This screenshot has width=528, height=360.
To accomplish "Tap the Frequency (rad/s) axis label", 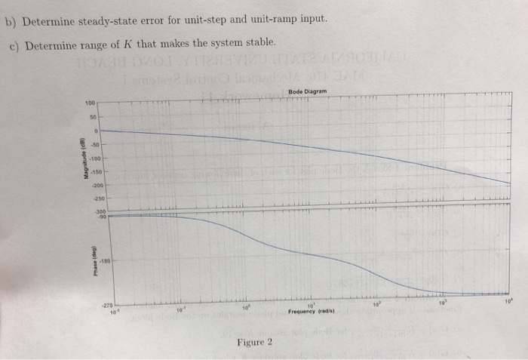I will click(312, 311).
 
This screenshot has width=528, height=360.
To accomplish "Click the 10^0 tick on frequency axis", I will click(244, 308).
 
